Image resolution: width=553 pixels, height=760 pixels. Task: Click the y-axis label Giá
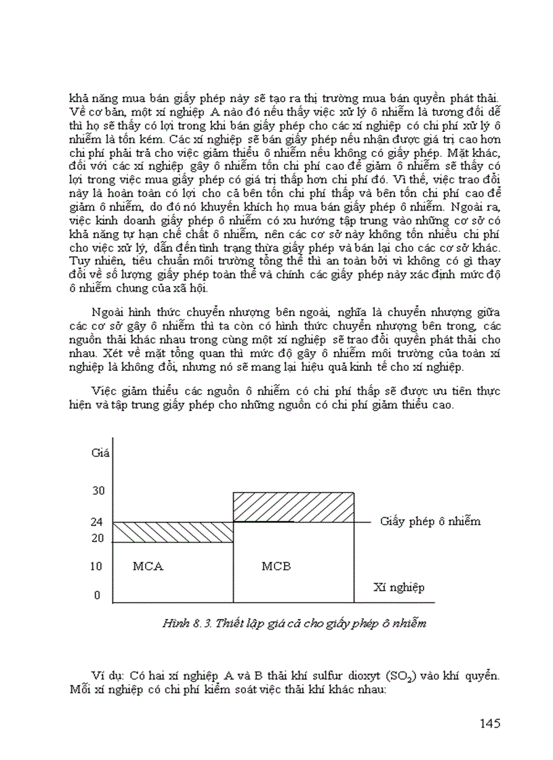(100, 452)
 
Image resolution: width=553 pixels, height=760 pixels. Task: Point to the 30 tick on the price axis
(98, 490)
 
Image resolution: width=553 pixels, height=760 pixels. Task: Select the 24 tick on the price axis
(98, 522)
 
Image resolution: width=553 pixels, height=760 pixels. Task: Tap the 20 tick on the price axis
(98, 539)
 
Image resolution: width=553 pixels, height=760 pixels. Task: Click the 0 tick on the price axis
(97, 596)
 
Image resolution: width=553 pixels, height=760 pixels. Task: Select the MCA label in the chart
(148, 566)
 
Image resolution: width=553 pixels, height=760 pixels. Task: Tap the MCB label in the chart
(276, 566)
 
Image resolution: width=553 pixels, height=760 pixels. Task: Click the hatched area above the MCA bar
(172, 532)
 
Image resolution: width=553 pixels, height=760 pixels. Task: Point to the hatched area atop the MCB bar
(293, 508)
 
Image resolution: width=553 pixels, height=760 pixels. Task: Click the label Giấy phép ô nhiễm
(430, 521)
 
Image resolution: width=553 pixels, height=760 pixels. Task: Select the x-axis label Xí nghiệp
(399, 587)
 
